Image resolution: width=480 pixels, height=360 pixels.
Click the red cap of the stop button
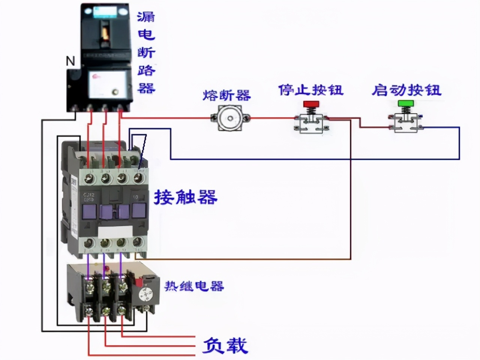click(310, 103)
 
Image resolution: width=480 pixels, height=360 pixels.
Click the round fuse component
click(230, 118)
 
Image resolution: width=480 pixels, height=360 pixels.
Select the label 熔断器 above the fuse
click(226, 95)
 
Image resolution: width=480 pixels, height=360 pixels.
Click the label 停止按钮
click(310, 90)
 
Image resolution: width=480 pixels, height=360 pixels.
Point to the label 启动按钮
click(406, 90)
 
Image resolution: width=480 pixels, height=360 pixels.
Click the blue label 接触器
click(186, 197)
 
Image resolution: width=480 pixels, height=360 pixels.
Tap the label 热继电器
click(194, 286)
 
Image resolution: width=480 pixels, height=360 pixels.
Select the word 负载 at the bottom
click(225, 345)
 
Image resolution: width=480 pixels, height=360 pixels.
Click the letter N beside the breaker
click(70, 61)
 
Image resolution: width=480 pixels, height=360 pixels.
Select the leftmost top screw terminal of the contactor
click(89, 178)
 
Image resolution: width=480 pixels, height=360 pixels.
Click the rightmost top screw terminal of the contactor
click(139, 178)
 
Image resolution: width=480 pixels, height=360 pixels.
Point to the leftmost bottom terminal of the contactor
click(89, 243)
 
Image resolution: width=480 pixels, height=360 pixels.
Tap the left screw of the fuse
click(214, 118)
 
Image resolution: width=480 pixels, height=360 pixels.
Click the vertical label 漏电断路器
click(146, 52)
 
